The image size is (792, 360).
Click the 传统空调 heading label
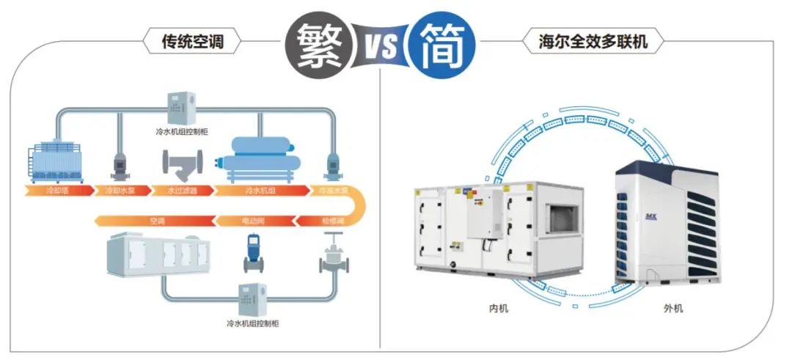[x=191, y=42]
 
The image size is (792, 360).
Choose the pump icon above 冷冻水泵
[x=328, y=163]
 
